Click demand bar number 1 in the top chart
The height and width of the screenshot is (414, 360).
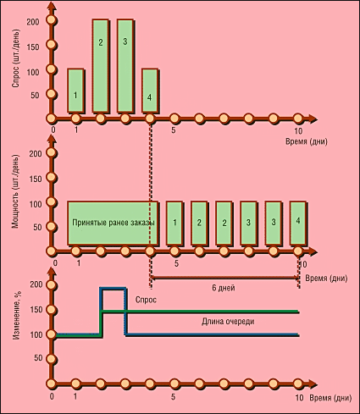point(75,91)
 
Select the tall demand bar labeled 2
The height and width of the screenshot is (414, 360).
point(101,66)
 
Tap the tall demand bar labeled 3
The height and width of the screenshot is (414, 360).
point(125,66)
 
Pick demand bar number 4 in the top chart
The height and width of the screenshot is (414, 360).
point(150,91)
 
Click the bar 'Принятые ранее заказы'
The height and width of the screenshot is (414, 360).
point(113,224)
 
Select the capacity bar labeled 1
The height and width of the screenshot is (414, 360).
point(174,224)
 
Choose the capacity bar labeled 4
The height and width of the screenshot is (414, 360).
point(298,224)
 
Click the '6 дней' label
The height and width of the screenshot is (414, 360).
point(224,288)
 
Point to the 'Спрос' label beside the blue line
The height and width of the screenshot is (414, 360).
point(146,300)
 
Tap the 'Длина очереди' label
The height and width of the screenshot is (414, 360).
point(228,322)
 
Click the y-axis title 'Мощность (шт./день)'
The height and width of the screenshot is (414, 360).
point(15,191)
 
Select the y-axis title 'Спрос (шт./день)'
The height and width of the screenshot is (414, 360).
point(15,58)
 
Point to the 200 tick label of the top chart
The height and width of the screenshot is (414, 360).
point(33,22)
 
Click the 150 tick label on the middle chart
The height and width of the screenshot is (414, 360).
point(36,179)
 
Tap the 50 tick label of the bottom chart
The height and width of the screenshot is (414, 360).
point(38,358)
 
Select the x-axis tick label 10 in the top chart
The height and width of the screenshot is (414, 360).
point(298,131)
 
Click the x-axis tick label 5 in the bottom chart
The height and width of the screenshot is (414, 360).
point(173,397)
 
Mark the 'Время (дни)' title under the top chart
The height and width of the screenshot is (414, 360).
point(307,141)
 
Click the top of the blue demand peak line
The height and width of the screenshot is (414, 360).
point(113,289)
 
